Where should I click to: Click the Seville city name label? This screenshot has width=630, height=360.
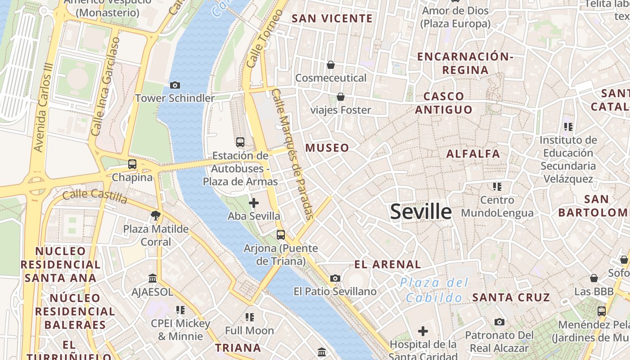point(421,211)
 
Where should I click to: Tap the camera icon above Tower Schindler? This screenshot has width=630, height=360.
point(175,85)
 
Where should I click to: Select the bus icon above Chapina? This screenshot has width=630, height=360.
point(132,164)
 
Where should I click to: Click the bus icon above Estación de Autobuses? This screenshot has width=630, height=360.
point(240,142)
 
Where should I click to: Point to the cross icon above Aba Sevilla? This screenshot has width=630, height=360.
point(254,203)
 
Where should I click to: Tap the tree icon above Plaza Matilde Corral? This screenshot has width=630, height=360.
point(156,216)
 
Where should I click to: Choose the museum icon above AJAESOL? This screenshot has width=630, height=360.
point(153,279)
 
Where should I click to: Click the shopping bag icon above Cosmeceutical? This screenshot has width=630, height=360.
point(331,65)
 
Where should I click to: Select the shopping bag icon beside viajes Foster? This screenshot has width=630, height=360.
point(341,97)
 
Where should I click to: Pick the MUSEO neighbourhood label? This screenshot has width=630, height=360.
point(327,148)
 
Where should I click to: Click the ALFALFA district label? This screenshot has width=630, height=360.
point(473,154)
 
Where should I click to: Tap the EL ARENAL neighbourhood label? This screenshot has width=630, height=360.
point(387,264)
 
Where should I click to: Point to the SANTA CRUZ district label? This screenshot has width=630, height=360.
point(511,297)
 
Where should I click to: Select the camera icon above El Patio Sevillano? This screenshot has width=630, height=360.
point(335,279)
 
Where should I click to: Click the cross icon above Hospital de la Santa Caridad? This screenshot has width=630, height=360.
point(423,332)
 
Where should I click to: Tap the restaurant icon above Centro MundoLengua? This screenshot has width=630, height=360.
point(497,186)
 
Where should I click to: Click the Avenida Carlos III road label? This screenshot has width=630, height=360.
point(44,108)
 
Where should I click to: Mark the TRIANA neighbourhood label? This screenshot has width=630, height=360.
point(238,348)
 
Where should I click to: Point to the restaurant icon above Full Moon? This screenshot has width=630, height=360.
point(249,317)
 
